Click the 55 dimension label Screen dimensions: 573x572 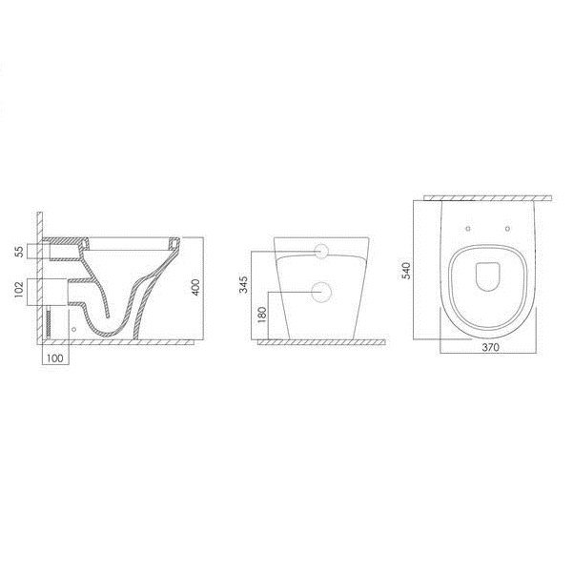point(19,251)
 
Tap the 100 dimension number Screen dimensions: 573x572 point(55,358)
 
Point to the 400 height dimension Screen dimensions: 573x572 point(195,287)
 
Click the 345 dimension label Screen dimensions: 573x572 point(243,285)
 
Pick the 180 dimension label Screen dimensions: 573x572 point(262,315)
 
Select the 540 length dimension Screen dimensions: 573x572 point(406,271)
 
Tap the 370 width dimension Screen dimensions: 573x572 point(490,348)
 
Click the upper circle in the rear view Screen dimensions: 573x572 point(322,251)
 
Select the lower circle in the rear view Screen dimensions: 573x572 point(321,293)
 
